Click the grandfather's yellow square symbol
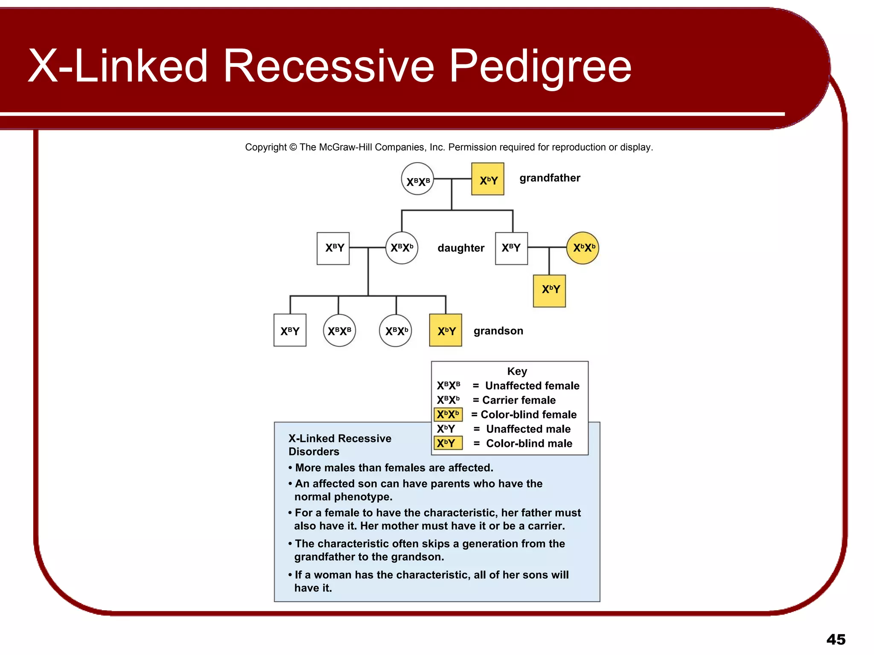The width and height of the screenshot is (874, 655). click(x=487, y=179)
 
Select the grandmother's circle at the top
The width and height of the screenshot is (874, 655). click(x=417, y=179)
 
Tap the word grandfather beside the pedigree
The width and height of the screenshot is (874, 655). click(x=550, y=178)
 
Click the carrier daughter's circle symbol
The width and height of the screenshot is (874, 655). click(x=402, y=248)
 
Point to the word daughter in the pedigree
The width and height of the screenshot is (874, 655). click(x=461, y=248)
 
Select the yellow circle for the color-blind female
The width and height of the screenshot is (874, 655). click(x=583, y=248)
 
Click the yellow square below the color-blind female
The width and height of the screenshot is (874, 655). click(x=549, y=291)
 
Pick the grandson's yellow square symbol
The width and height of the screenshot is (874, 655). click(x=446, y=330)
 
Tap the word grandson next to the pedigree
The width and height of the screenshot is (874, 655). click(x=498, y=331)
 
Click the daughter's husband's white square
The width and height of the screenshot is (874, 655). click(x=333, y=248)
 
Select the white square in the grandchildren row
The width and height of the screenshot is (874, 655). click(x=290, y=330)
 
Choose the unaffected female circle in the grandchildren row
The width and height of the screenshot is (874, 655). click(x=339, y=330)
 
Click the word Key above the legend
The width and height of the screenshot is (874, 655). click(x=517, y=371)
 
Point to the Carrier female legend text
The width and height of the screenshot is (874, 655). click(x=519, y=400)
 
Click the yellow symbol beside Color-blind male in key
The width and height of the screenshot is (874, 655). click(x=448, y=443)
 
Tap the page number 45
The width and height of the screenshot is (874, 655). click(x=836, y=639)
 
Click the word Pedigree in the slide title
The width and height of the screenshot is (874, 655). click(x=540, y=66)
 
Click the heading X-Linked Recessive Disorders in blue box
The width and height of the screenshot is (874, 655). click(x=340, y=445)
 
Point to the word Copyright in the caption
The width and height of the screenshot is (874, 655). click(x=265, y=147)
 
